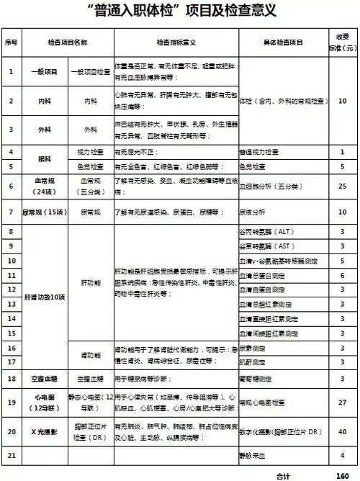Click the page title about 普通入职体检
(179, 12)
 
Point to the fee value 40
(343, 431)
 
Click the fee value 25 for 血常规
(343, 185)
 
